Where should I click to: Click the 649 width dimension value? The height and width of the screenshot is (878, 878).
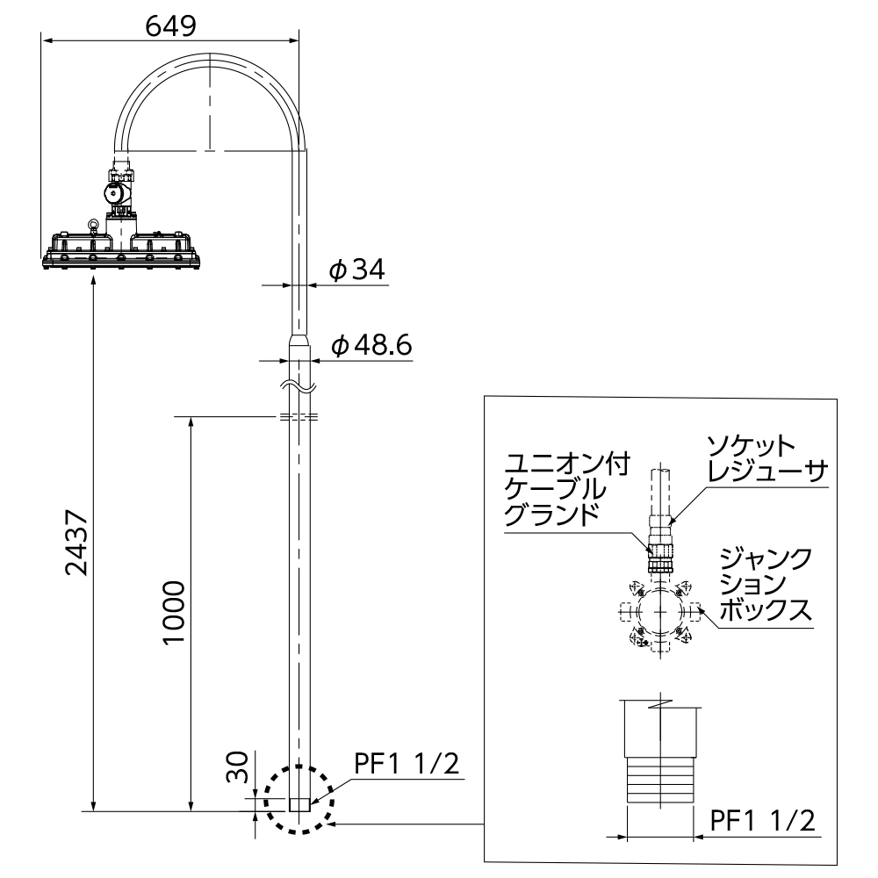pyautogui.click(x=171, y=26)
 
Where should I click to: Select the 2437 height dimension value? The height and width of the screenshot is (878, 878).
pyautogui.click(x=77, y=542)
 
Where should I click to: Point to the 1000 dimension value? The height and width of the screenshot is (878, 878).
pyautogui.click(x=174, y=613)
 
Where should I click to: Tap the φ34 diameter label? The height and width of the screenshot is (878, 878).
pyautogui.click(x=357, y=270)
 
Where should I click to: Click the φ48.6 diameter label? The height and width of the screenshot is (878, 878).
pyautogui.click(x=371, y=344)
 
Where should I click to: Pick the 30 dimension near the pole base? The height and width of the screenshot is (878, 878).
pyautogui.click(x=237, y=767)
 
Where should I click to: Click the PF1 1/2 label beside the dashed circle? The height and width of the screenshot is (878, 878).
pyautogui.click(x=407, y=763)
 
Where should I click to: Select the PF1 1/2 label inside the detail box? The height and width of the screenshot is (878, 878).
pyautogui.click(x=762, y=821)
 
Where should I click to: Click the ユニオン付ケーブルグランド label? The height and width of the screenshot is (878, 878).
pyautogui.click(x=567, y=489)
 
